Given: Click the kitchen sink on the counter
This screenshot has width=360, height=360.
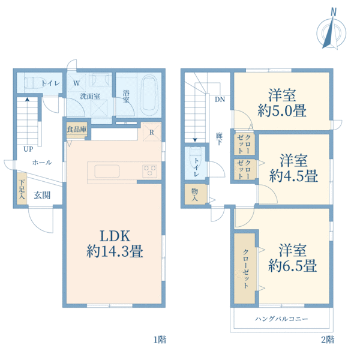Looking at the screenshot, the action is click(107, 171).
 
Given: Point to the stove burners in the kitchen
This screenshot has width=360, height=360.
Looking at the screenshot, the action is click(149, 171).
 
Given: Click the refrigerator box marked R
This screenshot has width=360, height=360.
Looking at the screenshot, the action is click(152, 132).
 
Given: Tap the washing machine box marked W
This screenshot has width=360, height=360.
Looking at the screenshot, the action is click(76, 83).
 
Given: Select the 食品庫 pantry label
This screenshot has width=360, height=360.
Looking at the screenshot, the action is click(77, 129).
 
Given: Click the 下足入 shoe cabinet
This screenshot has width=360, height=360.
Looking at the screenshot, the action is click(22, 189).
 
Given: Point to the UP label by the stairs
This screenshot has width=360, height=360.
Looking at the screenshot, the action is click(28, 149).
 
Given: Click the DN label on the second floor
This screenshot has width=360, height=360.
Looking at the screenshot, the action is click(220, 100).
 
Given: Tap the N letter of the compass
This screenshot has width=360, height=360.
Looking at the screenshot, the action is click(334, 12).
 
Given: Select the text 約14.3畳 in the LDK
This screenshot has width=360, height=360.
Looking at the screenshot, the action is click(115, 251).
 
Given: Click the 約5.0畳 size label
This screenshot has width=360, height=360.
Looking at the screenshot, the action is click(282, 110).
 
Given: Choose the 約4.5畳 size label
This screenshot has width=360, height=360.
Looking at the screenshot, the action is click(293, 176).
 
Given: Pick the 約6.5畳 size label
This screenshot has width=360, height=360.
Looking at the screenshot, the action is click(293, 266).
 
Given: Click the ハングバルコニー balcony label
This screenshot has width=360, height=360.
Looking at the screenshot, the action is click(281, 319).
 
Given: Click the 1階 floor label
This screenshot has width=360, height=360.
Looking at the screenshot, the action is click(160, 340).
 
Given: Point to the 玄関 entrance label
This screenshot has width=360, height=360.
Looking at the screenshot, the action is click(42, 196).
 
